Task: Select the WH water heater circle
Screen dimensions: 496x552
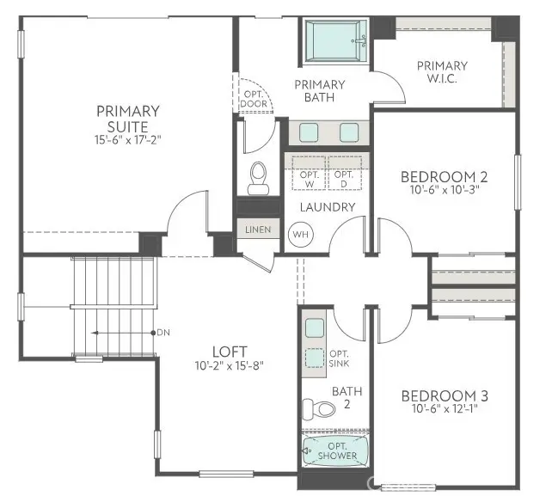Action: [300, 233]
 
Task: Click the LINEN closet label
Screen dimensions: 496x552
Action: [257, 230]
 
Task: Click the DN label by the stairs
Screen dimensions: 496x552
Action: [163, 332]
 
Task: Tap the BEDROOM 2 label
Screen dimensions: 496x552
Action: [444, 177]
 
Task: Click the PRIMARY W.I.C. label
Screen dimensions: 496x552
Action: [442, 72]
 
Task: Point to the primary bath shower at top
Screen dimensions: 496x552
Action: [337, 39]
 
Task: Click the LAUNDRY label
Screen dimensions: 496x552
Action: [327, 207]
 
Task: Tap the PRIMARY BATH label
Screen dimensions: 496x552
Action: [319, 91]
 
